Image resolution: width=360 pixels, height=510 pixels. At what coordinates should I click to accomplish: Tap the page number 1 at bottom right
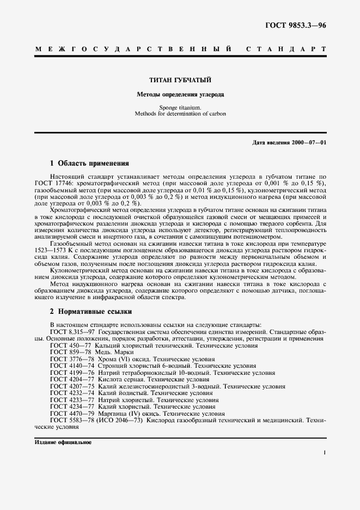[324, 453]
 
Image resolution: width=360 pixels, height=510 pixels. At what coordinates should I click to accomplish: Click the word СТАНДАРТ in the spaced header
[286, 50]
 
